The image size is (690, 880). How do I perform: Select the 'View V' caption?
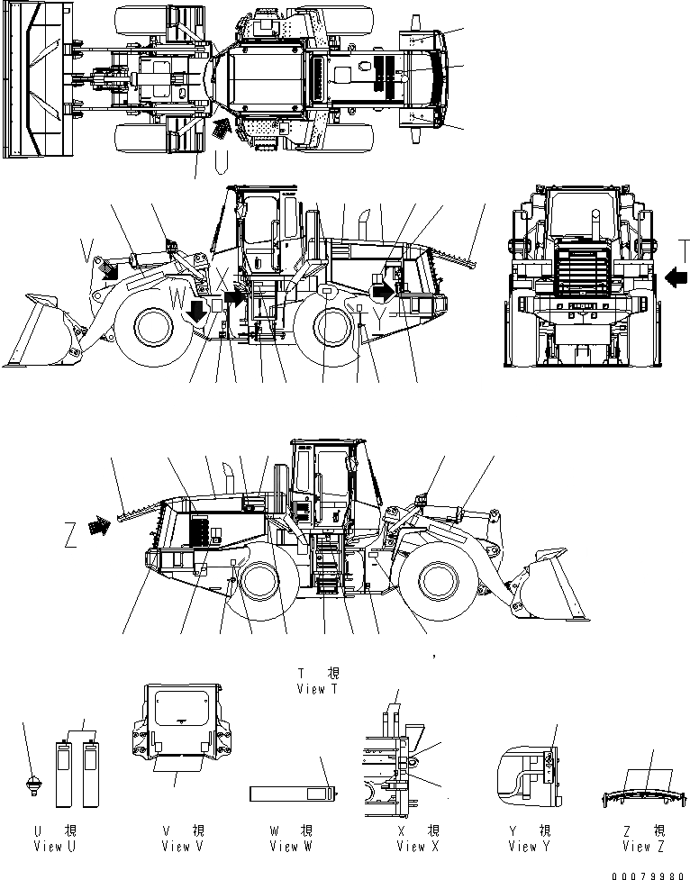tap(177, 846)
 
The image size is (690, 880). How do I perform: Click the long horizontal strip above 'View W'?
tap(294, 794)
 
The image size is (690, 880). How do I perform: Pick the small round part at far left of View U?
tap(33, 784)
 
